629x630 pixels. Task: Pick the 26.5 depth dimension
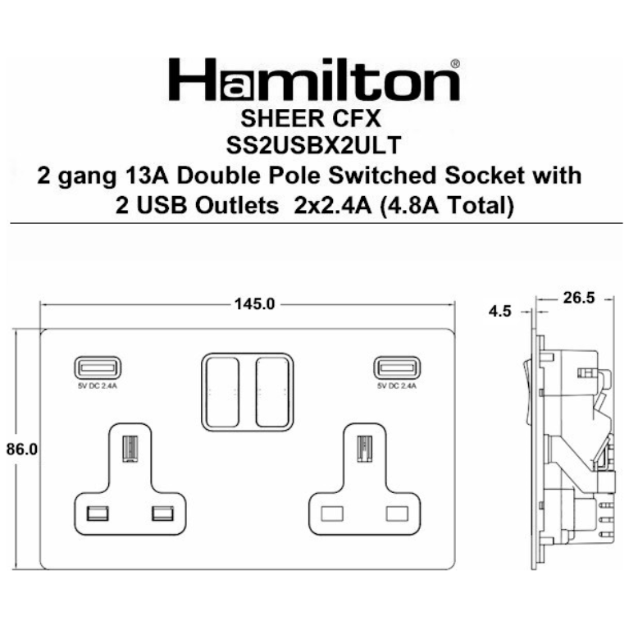tap(578, 298)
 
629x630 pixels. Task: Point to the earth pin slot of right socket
tap(362, 449)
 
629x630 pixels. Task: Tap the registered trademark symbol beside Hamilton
tap(455, 62)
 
